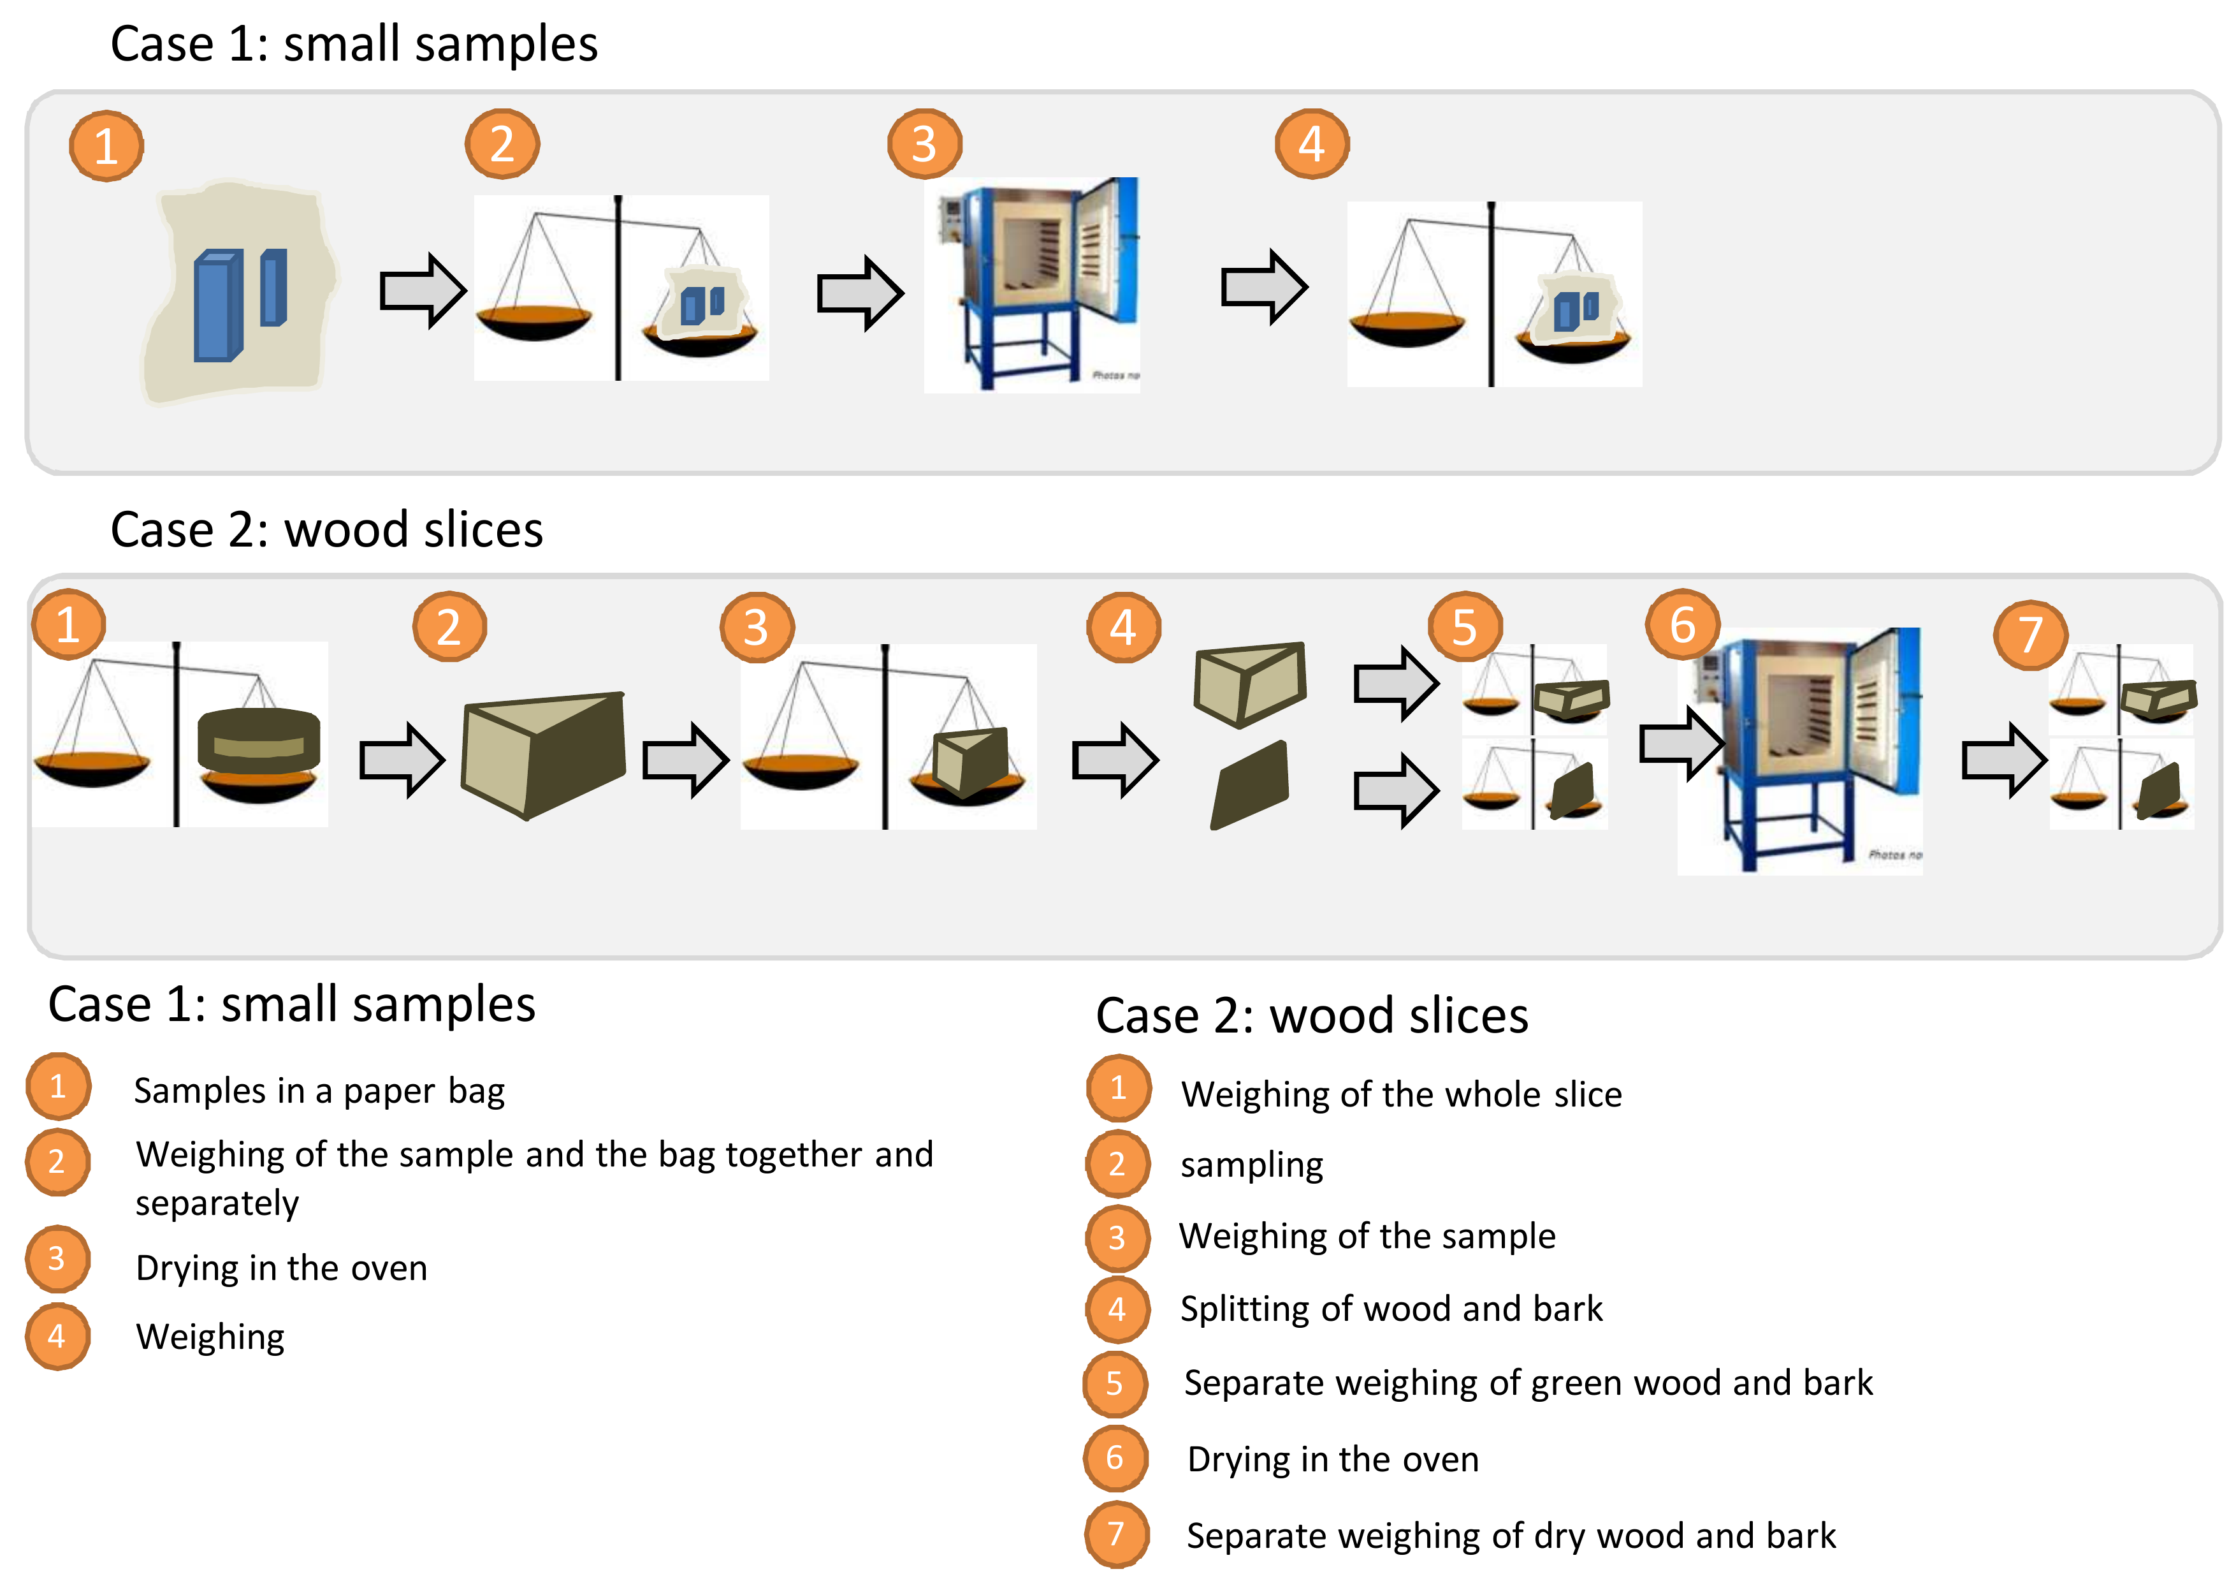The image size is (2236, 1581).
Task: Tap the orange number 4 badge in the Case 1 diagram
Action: coord(1312,144)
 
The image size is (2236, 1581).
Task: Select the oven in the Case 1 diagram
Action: coord(1033,284)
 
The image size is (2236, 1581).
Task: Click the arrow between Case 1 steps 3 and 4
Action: coord(1264,288)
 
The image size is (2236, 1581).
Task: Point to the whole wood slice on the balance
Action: coord(258,742)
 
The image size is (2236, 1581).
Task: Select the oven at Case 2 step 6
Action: coord(1800,750)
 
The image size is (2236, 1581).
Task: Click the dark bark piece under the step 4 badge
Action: coord(1251,785)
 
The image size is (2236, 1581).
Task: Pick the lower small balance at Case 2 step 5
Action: coord(1534,784)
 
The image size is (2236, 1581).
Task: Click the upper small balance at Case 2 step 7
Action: coord(2121,689)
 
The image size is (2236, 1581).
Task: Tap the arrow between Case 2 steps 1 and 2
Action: coord(401,760)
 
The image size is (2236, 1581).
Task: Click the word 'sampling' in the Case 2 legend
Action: coord(1251,1165)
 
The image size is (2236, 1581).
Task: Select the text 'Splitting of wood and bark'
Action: coord(1391,1309)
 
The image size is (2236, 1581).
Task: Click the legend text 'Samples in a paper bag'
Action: coord(319,1091)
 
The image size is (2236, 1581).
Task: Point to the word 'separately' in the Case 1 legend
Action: coord(217,1204)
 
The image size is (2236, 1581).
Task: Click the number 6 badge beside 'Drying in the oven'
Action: coord(1115,1459)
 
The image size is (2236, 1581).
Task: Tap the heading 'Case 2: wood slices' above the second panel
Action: coord(326,530)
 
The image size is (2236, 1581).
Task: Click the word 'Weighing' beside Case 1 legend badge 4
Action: coord(210,1337)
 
